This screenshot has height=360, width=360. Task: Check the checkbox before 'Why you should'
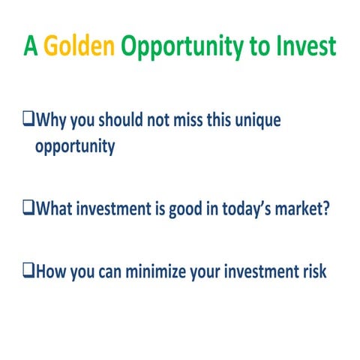[28, 119]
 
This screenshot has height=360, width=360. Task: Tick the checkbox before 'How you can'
[28, 271]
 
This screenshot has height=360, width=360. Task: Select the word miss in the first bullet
[179, 120]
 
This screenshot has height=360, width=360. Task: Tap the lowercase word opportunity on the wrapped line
[75, 146]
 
